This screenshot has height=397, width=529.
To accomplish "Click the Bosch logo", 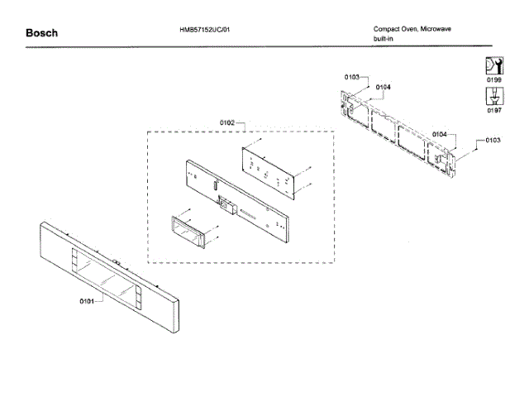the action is click(x=42, y=33).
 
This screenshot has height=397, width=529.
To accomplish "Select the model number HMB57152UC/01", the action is click(x=210, y=29).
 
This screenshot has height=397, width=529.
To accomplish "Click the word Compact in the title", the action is click(x=388, y=29).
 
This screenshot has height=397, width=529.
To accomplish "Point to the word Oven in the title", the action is click(x=415, y=29).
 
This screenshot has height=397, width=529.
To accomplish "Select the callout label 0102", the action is click(x=228, y=123).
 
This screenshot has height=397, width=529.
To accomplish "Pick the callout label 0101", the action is click(x=88, y=301).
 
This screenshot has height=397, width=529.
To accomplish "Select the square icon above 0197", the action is click(x=494, y=95).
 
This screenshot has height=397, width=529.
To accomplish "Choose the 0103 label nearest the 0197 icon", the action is click(x=493, y=141).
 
